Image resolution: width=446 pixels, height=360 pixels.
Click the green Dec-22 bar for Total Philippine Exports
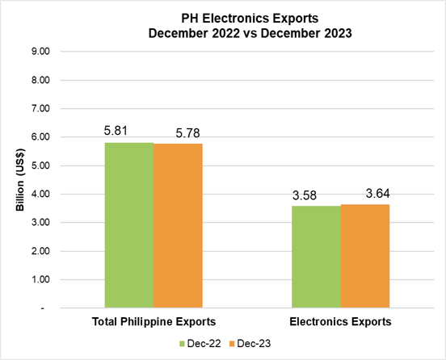[x=129, y=224]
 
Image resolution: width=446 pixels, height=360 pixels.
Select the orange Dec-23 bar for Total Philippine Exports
[x=178, y=225]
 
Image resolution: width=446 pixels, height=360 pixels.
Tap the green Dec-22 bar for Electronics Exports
[x=316, y=257]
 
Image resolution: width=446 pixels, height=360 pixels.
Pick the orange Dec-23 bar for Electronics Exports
[x=364, y=256]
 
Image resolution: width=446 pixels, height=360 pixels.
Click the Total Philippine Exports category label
[x=154, y=321]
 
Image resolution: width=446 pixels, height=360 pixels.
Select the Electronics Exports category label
[x=340, y=321]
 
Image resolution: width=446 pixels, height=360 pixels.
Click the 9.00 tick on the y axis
[x=39, y=52]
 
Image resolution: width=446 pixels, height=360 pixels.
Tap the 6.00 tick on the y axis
[x=39, y=137]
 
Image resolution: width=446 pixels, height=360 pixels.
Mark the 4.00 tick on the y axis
[x=39, y=195]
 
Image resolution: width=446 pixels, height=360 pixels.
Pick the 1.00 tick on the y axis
[x=39, y=280]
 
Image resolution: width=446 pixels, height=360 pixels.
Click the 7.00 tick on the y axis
[x=39, y=109]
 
